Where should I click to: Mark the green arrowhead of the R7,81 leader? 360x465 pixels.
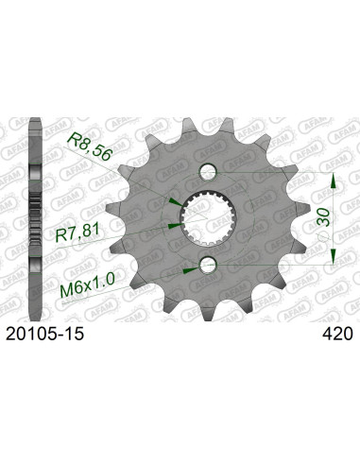pos(173,226)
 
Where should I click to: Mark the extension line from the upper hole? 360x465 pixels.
pos(274,172)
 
